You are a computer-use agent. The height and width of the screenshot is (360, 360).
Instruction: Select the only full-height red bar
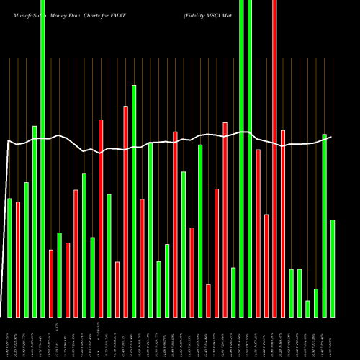[274, 158]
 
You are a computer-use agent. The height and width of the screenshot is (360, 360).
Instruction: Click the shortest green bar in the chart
[307, 309]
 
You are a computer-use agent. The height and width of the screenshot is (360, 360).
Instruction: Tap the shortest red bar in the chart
[208, 301]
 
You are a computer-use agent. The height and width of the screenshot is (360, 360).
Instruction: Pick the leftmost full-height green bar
[42, 158]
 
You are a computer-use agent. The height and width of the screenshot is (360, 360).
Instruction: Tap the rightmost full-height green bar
[250, 158]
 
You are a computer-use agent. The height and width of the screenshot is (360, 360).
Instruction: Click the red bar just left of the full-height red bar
[266, 266]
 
